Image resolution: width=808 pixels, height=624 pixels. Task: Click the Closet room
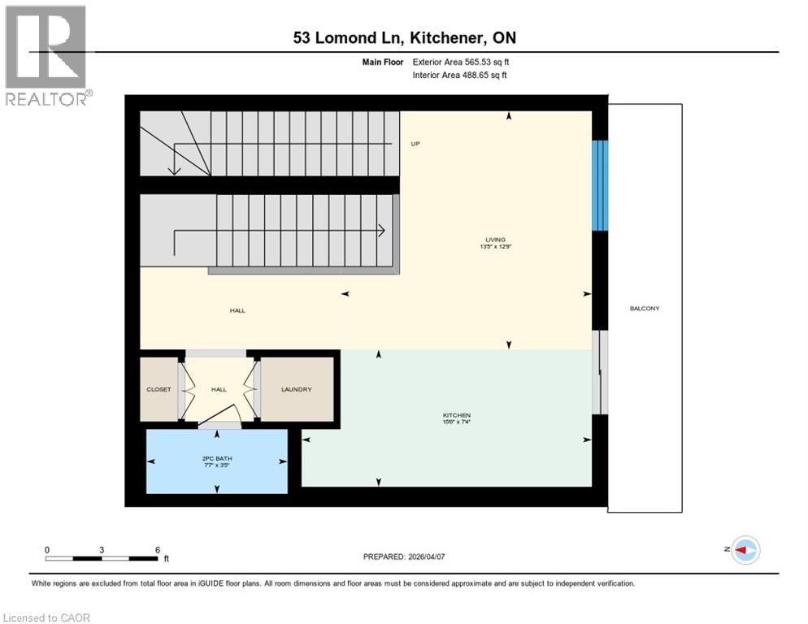(x=159, y=389)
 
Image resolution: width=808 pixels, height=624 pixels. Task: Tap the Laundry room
(x=297, y=389)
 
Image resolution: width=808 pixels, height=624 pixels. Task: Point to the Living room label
(x=495, y=240)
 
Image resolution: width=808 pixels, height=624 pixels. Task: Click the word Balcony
(x=645, y=309)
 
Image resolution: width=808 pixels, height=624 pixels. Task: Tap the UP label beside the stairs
(x=415, y=144)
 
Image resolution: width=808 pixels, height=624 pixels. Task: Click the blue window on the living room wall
(x=599, y=185)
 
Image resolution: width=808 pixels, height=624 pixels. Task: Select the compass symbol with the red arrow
(x=745, y=550)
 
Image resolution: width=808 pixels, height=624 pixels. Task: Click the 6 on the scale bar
(x=157, y=549)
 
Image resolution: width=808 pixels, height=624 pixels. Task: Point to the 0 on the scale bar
(x=47, y=549)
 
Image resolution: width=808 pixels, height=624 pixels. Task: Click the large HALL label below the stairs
(x=237, y=310)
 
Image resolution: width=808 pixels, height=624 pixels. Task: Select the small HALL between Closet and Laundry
(x=219, y=390)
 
